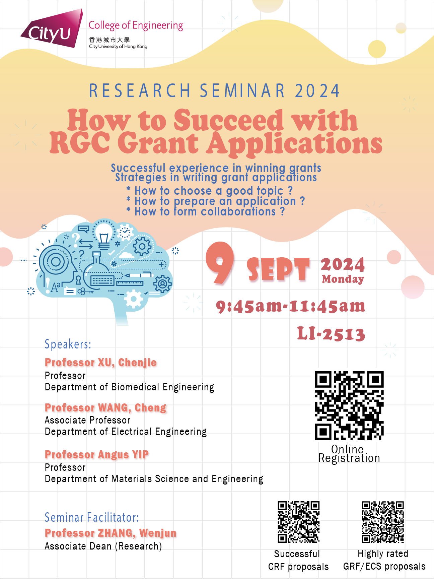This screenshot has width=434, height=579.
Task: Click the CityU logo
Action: click(52, 29)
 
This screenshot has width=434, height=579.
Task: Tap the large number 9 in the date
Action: click(220, 263)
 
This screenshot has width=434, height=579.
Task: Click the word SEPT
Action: click(278, 269)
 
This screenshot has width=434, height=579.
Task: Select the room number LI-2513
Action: click(331, 334)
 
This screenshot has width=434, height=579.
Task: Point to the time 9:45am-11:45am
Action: click(290, 306)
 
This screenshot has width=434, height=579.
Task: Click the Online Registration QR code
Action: click(349, 405)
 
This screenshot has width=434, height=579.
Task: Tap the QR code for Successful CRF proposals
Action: click(299, 522)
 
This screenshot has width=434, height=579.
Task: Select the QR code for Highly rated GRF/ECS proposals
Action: click(383, 522)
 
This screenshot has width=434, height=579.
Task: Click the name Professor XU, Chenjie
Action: click(101, 363)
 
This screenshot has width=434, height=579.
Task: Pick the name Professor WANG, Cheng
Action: click(105, 408)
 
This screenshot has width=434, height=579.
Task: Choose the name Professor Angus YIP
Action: click(97, 455)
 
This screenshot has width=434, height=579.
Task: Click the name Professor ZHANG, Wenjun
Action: click(111, 533)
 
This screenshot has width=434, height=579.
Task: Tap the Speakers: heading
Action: click(68, 344)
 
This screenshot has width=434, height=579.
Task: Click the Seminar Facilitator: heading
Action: click(92, 518)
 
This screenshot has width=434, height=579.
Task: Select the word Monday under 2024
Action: click(343, 279)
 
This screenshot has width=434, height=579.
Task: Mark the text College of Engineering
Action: click(136, 25)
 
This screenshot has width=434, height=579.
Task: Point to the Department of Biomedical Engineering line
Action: click(130, 387)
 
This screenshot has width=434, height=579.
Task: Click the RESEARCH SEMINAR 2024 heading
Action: click(215, 91)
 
